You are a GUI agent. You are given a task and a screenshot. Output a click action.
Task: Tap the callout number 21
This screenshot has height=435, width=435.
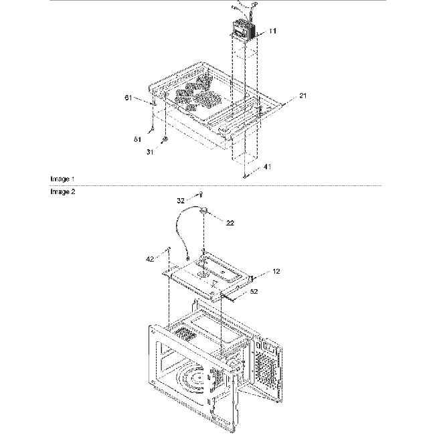pyautogui.click(x=303, y=97)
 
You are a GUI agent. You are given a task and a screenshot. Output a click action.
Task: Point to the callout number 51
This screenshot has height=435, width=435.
pyautogui.click(x=137, y=139)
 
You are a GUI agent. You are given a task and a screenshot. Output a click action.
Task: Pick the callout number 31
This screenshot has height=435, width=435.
pyautogui.click(x=151, y=152)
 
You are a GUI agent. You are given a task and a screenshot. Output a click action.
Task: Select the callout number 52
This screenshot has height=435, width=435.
pyautogui.click(x=254, y=291)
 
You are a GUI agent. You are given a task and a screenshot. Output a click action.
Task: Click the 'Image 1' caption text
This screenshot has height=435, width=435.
pyautogui.click(x=63, y=179)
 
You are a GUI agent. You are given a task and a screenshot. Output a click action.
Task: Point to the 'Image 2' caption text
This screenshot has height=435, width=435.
pyautogui.click(x=63, y=191)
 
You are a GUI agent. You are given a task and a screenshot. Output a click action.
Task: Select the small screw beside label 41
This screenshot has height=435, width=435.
pyautogui.click(x=246, y=176)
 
